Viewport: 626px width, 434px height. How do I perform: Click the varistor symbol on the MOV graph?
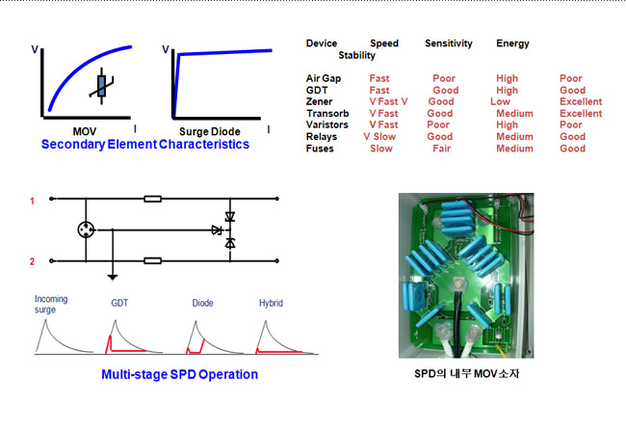101,86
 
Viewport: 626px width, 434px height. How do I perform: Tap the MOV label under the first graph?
84,131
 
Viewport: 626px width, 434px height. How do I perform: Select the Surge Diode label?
210,131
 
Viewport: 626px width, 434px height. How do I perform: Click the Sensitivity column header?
449,43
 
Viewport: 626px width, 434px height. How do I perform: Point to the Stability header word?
356,55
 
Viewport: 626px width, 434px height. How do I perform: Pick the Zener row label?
319,101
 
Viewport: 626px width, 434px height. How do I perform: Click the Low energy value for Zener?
500,101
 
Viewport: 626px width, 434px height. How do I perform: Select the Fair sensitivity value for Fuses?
441,149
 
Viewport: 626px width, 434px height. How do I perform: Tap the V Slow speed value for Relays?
379,137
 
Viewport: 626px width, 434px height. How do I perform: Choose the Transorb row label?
327,114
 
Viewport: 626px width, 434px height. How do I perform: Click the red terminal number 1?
32,201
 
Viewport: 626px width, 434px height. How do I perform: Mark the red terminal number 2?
32,261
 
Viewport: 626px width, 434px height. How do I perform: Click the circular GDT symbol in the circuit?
86,230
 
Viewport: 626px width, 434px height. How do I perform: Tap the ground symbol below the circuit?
113,277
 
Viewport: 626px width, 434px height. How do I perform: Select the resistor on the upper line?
152,199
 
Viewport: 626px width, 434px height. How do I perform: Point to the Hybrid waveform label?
271,303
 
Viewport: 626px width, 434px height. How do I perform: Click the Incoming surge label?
51,304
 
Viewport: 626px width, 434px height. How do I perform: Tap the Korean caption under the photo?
467,373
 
